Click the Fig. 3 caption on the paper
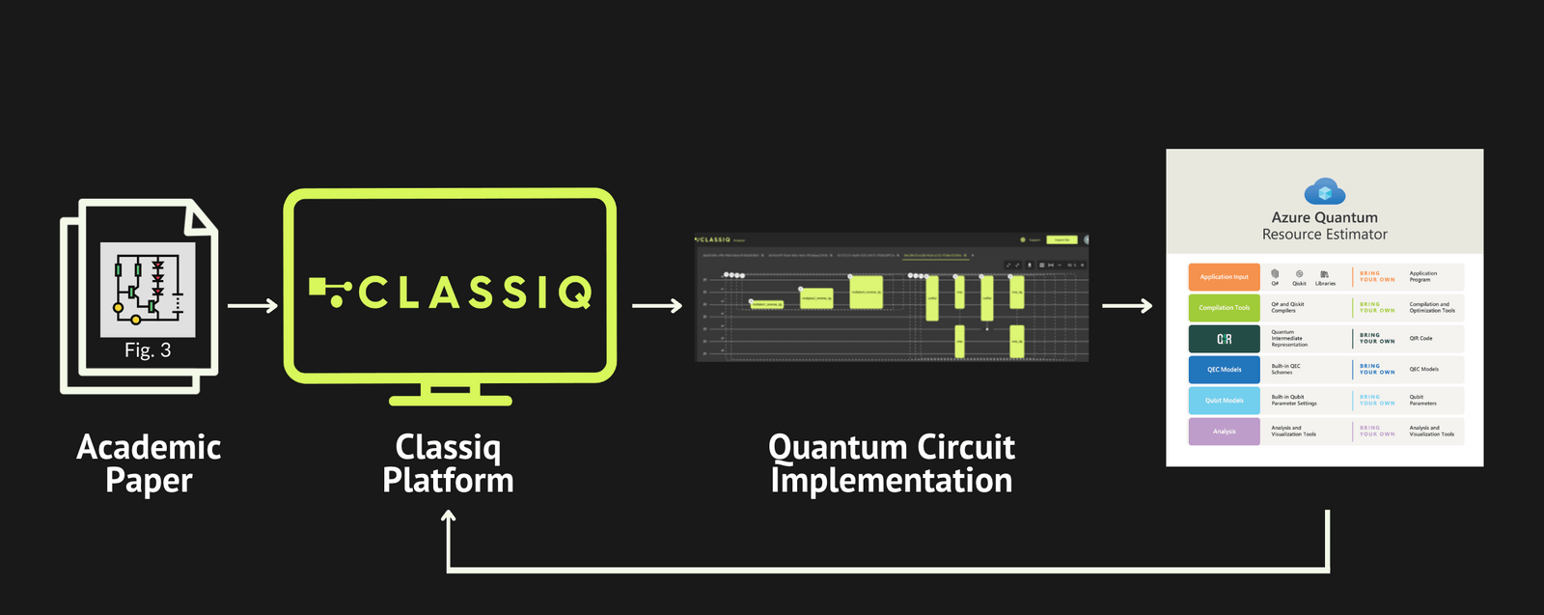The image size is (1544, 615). coord(148,350)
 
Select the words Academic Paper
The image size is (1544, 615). coord(149,463)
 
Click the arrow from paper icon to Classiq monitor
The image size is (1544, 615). coord(252,306)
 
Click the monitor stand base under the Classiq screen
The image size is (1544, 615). coord(451,399)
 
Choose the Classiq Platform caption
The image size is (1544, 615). coord(448,463)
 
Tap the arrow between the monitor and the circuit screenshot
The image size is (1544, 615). coord(657,306)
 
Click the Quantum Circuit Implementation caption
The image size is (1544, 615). coord(892,463)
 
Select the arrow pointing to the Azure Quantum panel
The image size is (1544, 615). coord(1127,306)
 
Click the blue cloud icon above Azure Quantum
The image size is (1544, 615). coord(1324,190)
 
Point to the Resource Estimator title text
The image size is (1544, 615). coord(1324,235)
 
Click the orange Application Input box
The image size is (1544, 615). coord(1224,277)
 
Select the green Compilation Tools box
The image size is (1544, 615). coord(1224,308)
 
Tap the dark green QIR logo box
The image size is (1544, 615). coord(1224,339)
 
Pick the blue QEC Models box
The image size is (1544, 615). coord(1224,370)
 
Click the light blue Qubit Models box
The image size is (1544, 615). coord(1224,401)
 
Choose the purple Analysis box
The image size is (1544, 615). coord(1224,432)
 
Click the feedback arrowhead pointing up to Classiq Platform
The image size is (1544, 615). coord(449,518)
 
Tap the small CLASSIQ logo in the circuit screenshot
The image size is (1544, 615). coord(714,239)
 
